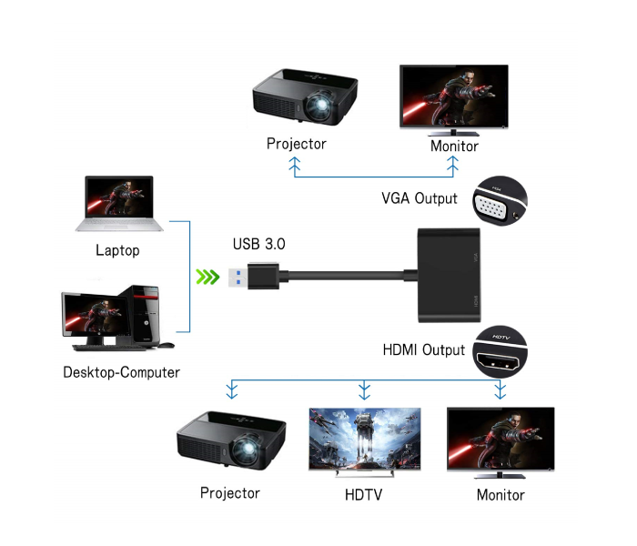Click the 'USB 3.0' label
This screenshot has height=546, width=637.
coord(259,244)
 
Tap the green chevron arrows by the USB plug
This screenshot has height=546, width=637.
coord(209,277)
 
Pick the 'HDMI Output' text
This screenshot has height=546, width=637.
coord(424,349)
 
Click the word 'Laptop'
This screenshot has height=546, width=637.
coord(117,250)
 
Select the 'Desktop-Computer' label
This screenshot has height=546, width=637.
coord(121,372)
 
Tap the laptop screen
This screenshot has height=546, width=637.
coord(119,200)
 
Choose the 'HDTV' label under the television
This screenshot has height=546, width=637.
coord(364,494)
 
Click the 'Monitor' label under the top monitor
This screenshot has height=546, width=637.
coord(454,146)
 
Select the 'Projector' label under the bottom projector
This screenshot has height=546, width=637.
coord(230,493)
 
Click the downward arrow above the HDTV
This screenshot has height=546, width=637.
coord(364,391)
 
